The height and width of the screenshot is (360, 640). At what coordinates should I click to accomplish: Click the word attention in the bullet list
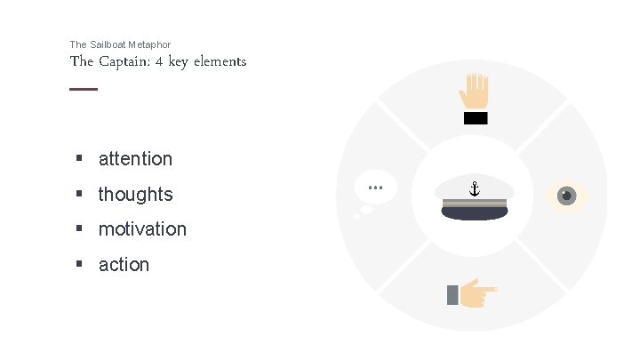point(135,159)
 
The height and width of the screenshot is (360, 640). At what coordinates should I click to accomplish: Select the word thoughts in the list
point(135,194)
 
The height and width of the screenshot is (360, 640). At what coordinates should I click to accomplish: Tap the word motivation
point(142,229)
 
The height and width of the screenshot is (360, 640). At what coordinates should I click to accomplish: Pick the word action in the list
point(124,265)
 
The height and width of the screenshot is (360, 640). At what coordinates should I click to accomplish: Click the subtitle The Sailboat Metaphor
point(120,44)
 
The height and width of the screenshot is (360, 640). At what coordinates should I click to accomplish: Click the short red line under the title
point(84,89)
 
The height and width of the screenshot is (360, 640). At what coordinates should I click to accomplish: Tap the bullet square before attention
point(79,159)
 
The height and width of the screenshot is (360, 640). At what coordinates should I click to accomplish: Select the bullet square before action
point(79,264)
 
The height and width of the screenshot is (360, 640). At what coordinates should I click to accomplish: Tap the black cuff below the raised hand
point(476,118)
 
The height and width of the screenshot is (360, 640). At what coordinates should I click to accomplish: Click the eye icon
point(565,195)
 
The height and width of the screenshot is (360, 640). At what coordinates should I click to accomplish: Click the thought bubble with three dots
point(374,188)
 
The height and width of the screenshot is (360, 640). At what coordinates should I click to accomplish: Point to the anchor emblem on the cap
point(474,188)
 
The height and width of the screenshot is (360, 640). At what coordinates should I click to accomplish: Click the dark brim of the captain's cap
point(474,213)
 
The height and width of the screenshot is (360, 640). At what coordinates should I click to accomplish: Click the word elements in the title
point(222,62)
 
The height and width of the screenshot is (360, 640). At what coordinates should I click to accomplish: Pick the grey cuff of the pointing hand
point(453,294)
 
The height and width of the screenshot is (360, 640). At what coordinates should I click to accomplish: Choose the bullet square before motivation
point(79,229)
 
